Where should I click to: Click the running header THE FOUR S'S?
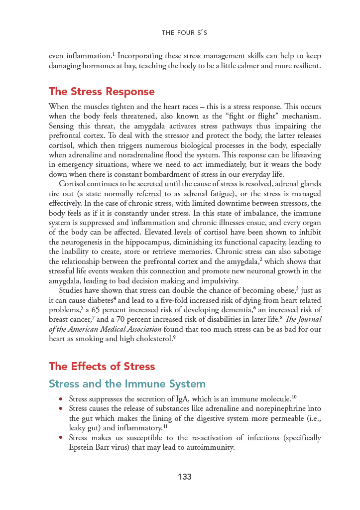click(x=184, y=33)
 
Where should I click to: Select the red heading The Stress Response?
click(x=102, y=92)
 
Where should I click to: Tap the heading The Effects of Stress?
click(x=102, y=367)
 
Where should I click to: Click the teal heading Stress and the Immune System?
click(x=127, y=384)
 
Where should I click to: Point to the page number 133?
click(x=184, y=477)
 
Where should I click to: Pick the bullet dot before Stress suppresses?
click(x=61, y=399)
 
